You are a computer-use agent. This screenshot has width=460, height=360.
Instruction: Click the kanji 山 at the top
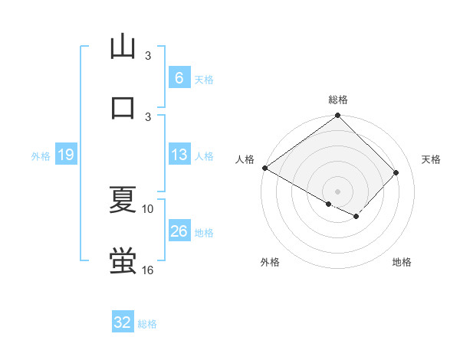pyautogui.click(x=123, y=47)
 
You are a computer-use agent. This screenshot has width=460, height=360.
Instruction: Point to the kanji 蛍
pyautogui.click(x=123, y=260)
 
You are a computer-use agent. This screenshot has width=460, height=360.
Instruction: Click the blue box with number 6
pyautogui.click(x=179, y=78)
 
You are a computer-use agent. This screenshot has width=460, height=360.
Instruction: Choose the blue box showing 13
pyautogui.click(x=179, y=155)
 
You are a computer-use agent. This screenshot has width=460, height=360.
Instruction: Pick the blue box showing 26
pyautogui.click(x=179, y=231)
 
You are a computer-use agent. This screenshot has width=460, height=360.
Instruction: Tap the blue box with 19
pyautogui.click(x=66, y=155)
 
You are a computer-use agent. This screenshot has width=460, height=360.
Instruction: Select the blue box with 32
pyautogui.click(x=123, y=322)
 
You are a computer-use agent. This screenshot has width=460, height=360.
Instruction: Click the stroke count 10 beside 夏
pyautogui.click(x=148, y=208)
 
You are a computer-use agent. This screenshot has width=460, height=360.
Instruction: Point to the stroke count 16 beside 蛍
pyautogui.click(x=148, y=270)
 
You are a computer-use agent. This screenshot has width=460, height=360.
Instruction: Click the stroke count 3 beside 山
pyautogui.click(x=148, y=56)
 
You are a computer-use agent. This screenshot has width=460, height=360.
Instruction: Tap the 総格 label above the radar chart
pyautogui.click(x=338, y=100)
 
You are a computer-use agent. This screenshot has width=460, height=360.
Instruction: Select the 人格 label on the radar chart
pyautogui.click(x=245, y=159)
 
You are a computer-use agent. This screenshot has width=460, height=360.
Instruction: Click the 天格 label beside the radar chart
pyautogui.click(x=431, y=159)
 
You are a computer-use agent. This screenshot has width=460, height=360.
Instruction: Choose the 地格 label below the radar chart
pyautogui.click(x=402, y=263)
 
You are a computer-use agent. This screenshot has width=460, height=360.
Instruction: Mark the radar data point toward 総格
pyautogui.click(x=337, y=116)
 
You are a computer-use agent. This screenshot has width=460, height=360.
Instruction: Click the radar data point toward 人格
pyautogui.click(x=264, y=168)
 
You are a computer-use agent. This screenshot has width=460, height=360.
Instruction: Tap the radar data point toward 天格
pyautogui.click(x=396, y=173)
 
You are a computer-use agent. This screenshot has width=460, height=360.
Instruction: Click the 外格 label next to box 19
pyautogui.click(x=41, y=156)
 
